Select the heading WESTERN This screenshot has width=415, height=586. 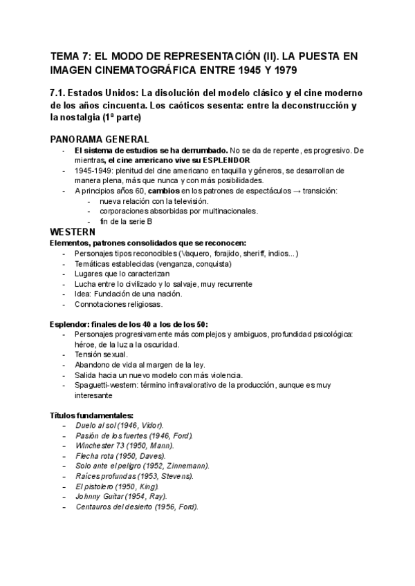pos(73,231)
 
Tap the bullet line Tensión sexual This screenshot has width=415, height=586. pos(100,355)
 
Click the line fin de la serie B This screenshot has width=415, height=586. pos(125,221)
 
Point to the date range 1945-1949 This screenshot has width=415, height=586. pos(93,171)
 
